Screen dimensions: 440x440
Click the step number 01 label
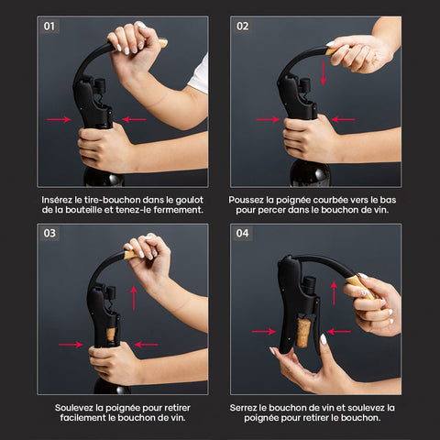(x=49, y=27)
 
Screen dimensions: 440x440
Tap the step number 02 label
(x=243, y=27)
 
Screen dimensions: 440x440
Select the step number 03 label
(x=49, y=234)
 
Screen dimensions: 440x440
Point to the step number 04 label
(x=243, y=234)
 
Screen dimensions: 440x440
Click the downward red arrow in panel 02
(x=323, y=72)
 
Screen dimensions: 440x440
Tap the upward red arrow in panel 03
(x=134, y=298)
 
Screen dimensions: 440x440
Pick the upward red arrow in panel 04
(x=334, y=293)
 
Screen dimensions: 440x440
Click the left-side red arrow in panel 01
(x=60, y=119)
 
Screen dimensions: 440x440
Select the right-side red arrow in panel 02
(x=343, y=119)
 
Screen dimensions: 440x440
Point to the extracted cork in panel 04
(x=303, y=333)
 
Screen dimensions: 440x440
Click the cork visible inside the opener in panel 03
(x=111, y=335)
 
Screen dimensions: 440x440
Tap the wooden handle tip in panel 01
(x=163, y=43)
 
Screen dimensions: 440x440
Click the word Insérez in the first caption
(x=57, y=200)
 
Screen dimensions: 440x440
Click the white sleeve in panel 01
(x=199, y=75)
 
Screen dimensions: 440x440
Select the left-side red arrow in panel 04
(x=264, y=332)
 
